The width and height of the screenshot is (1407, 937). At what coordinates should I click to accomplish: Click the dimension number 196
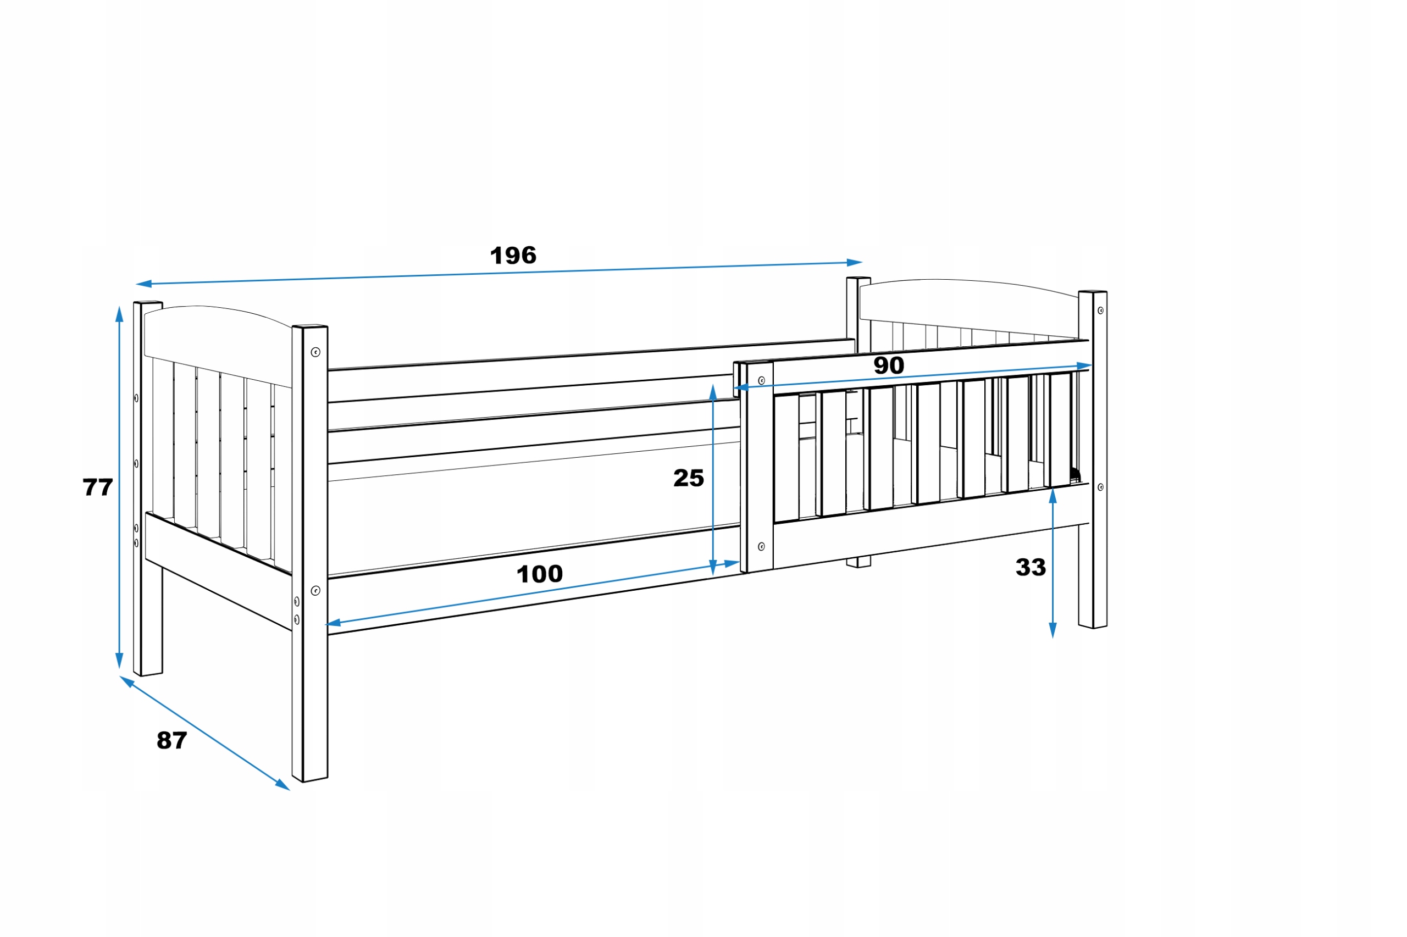pyautogui.click(x=513, y=256)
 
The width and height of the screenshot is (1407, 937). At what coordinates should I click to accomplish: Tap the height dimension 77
pyautogui.click(x=97, y=487)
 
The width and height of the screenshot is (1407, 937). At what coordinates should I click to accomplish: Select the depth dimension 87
pyautogui.click(x=171, y=740)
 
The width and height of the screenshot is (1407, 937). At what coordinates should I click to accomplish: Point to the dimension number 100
pyautogui.click(x=539, y=574)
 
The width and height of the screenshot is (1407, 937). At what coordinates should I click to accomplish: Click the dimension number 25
pyautogui.click(x=688, y=478)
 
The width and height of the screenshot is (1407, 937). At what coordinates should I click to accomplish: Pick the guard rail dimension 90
pyautogui.click(x=888, y=365)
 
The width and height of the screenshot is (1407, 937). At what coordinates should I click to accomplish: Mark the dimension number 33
pyautogui.click(x=1031, y=567)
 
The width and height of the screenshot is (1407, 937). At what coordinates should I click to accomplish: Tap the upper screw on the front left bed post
pyautogui.click(x=315, y=352)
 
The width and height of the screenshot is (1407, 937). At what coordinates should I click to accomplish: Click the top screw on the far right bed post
pyautogui.click(x=1100, y=311)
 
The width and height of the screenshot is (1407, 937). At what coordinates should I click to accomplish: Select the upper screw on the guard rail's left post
pyautogui.click(x=761, y=381)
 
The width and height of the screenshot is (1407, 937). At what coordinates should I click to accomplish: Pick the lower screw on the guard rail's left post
pyautogui.click(x=761, y=546)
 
